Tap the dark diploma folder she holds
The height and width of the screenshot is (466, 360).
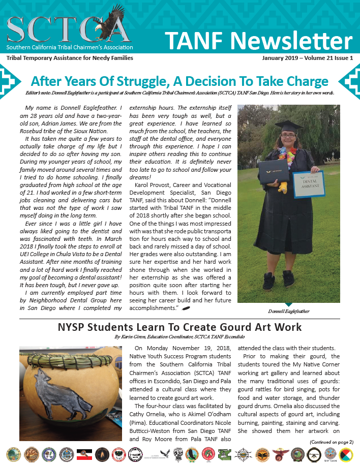(x=275, y=171)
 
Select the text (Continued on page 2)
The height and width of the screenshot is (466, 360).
(x=331, y=442)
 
